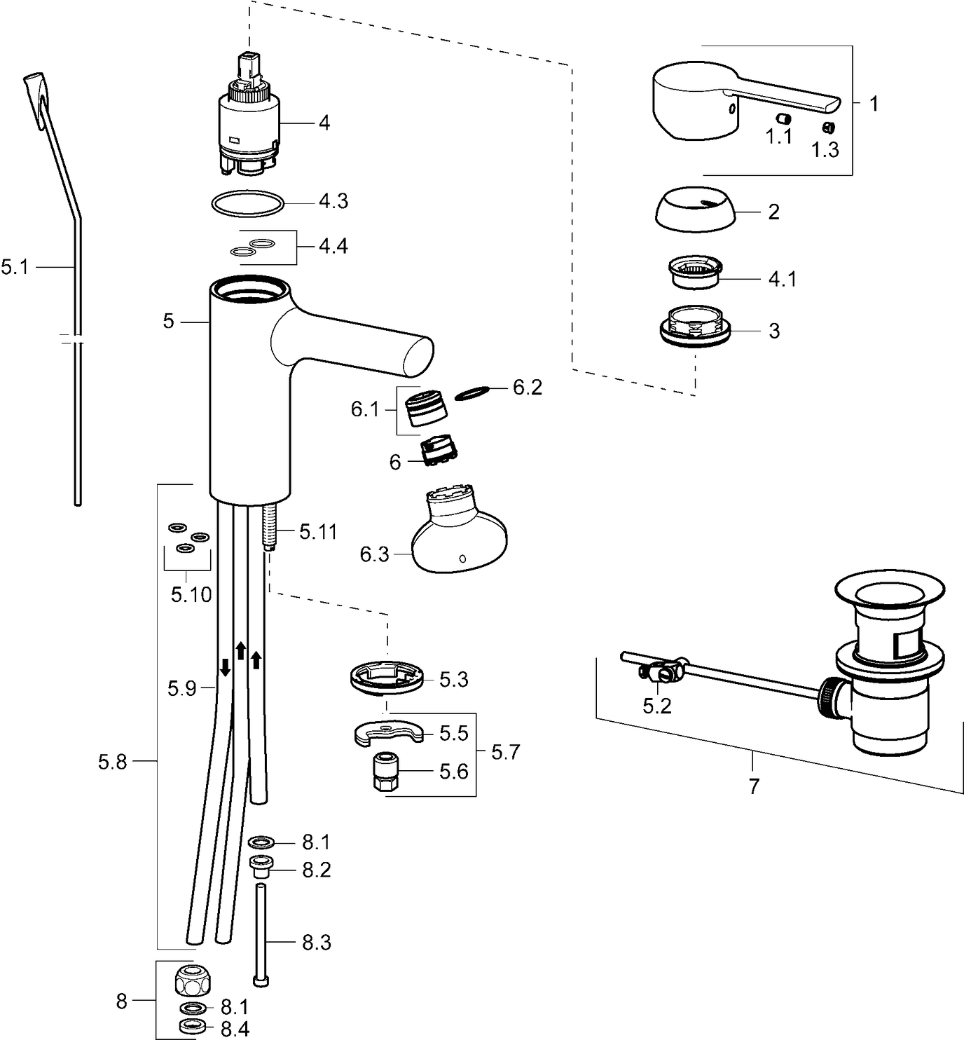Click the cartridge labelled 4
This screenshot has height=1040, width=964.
[248, 123]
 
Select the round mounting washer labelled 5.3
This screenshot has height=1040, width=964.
[387, 678]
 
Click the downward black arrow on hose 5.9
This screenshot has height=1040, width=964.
[226, 666]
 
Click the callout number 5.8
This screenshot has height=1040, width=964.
[112, 761]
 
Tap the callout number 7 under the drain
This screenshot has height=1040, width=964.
[753, 786]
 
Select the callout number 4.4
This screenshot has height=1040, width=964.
[333, 247]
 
